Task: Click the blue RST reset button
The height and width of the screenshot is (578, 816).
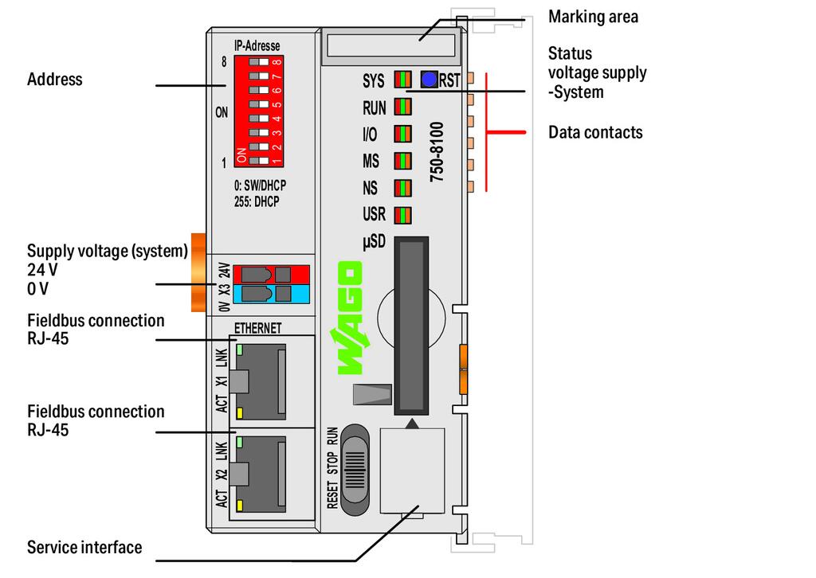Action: pyautogui.click(x=429, y=80)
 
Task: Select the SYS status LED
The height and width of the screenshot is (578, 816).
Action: pyautogui.click(x=403, y=80)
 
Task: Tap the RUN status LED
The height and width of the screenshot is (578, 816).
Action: pyautogui.click(x=403, y=107)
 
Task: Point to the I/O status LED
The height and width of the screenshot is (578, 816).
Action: pyautogui.click(x=403, y=134)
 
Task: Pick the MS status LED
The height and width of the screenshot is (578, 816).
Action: pyautogui.click(x=403, y=161)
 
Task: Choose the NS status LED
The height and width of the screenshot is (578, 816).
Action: pyautogui.click(x=403, y=188)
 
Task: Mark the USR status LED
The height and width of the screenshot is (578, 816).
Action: pyautogui.click(x=403, y=215)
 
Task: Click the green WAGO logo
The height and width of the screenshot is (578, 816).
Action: pyautogui.click(x=350, y=318)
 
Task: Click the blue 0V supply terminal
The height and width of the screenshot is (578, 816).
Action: pyautogui.click(x=272, y=295)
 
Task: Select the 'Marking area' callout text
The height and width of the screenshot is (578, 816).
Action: pyautogui.click(x=593, y=17)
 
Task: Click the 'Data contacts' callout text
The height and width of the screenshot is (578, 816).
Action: pyautogui.click(x=595, y=132)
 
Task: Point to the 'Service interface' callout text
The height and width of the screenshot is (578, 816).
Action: pyautogui.click(x=84, y=548)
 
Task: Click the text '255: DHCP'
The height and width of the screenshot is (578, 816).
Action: pyautogui.click(x=257, y=201)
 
